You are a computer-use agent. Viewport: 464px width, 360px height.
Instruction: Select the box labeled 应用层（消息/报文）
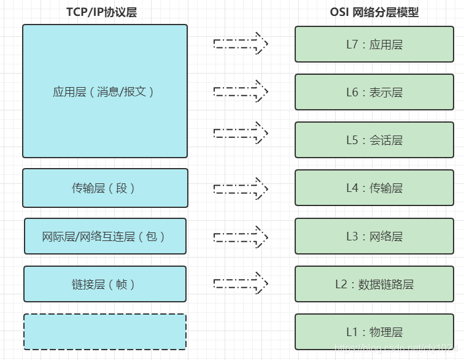[105, 91]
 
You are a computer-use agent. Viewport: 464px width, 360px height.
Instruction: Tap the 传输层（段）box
[105, 188]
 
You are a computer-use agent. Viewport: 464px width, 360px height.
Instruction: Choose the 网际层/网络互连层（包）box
[105, 236]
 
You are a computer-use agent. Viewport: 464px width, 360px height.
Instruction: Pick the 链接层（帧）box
[105, 284]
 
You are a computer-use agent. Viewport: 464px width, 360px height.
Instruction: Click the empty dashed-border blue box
[105, 332]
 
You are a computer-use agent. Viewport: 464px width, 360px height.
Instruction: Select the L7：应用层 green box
[374, 44]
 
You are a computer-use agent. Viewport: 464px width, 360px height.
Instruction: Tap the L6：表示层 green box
[374, 92]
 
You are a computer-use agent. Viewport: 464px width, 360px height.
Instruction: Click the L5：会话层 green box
[374, 140]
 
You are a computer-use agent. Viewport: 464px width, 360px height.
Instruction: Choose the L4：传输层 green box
[374, 188]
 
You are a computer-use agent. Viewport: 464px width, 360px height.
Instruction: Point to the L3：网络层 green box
[374, 236]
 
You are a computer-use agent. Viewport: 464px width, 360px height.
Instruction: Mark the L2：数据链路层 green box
[374, 284]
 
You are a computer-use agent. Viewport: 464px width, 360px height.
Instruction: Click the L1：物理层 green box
[374, 332]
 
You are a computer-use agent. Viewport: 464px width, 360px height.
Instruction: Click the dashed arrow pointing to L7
[241, 44]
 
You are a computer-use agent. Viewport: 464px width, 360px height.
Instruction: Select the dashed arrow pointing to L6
[241, 91]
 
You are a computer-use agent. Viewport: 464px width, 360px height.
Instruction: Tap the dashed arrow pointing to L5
[241, 132]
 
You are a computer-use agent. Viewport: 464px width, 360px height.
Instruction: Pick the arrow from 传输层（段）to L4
[241, 188]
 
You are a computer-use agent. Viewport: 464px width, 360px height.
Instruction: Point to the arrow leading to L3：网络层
[241, 236]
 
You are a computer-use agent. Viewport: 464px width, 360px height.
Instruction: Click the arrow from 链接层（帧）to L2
[241, 283]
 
